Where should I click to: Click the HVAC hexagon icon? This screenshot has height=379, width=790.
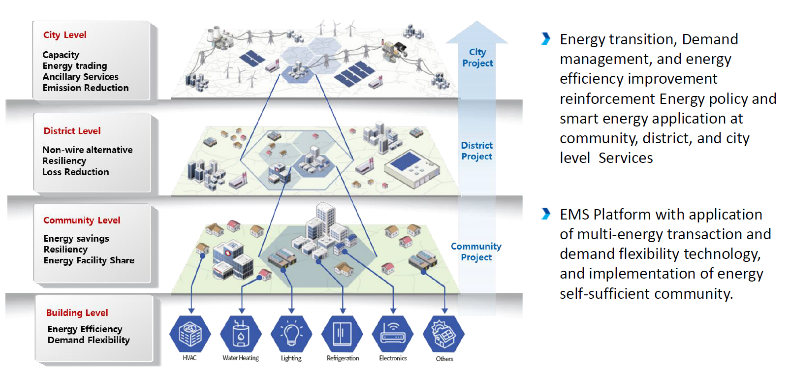click(x=190, y=334)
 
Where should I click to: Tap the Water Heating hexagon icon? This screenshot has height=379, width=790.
click(x=241, y=334)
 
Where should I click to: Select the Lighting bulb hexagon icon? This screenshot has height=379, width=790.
click(x=291, y=334)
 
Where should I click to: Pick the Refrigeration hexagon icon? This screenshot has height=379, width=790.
click(x=343, y=334)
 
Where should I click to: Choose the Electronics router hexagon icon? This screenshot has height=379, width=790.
click(x=393, y=334)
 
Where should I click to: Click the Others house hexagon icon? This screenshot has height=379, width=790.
click(x=444, y=334)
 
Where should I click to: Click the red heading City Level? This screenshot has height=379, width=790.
click(x=64, y=35)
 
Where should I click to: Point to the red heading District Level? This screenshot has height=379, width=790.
click(x=72, y=131)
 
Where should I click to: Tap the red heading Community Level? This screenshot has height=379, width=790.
click(x=82, y=221)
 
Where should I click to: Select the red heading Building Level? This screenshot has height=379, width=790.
click(x=77, y=313)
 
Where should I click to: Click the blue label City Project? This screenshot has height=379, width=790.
click(x=477, y=58)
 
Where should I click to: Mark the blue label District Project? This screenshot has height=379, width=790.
click(x=476, y=151)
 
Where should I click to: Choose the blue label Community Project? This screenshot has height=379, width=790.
click(x=476, y=252)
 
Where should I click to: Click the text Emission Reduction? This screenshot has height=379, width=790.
click(x=86, y=88)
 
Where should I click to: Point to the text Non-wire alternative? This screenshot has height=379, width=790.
click(x=88, y=150)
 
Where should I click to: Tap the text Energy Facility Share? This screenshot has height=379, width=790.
click(x=89, y=260)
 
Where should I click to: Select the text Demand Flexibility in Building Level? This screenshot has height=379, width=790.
click(x=89, y=340)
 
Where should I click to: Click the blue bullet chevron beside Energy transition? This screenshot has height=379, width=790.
click(x=545, y=39)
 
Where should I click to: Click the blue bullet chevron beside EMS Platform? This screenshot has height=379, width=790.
click(x=545, y=214)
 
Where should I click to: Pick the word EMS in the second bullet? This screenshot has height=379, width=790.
click(x=575, y=215)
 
